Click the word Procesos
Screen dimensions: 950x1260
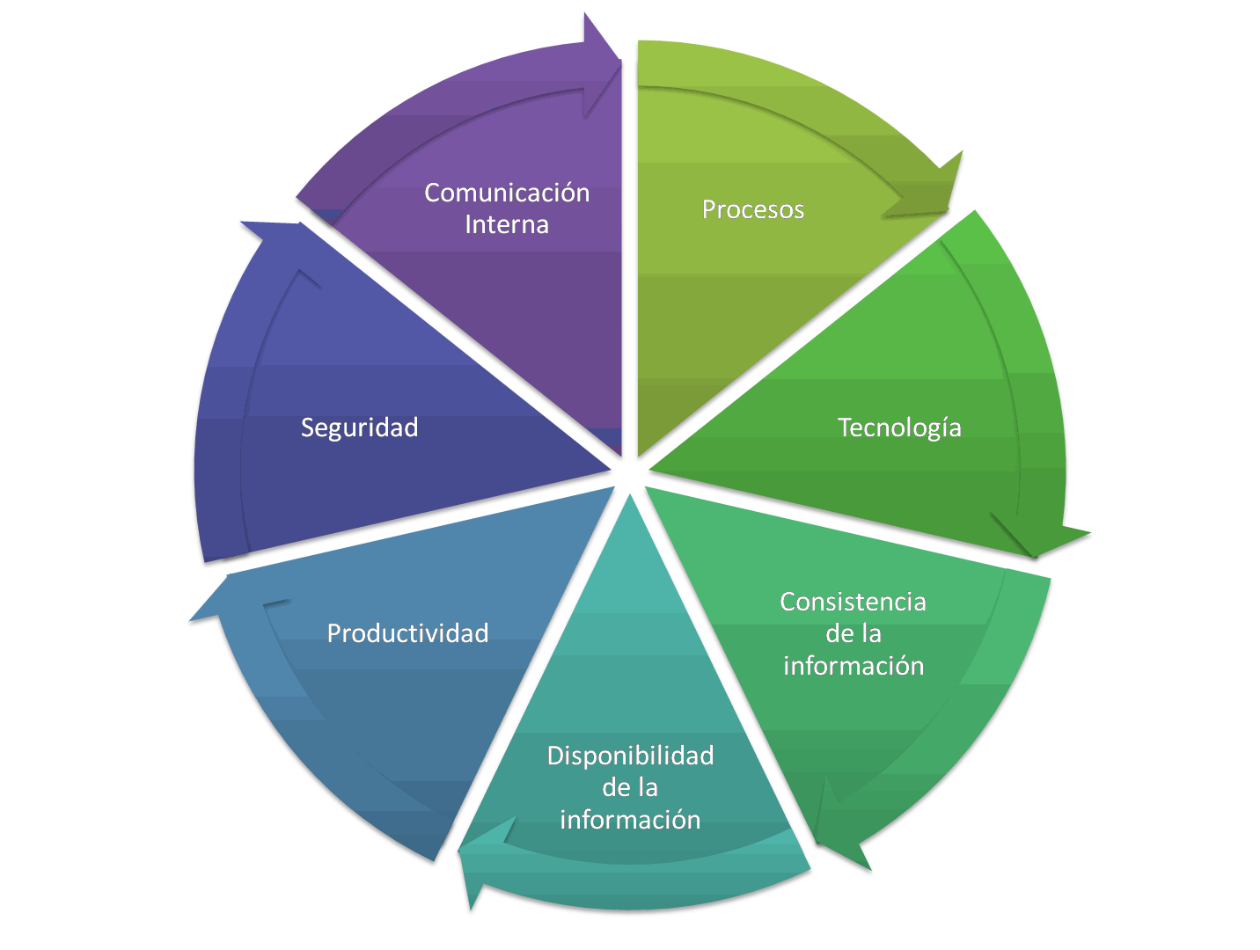(752, 209)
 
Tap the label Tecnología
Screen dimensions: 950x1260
(898, 427)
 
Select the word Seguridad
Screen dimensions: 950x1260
(359, 427)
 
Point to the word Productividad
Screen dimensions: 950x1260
(407, 633)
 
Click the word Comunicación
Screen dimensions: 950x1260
(507, 193)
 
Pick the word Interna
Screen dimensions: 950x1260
(507, 225)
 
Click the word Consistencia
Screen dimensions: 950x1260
(853, 602)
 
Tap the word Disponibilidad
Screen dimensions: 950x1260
(630, 756)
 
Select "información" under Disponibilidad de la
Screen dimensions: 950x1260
(630, 820)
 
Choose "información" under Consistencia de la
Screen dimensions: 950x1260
(853, 666)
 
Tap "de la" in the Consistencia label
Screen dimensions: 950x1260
(853, 633)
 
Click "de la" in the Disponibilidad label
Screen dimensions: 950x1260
(630, 787)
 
